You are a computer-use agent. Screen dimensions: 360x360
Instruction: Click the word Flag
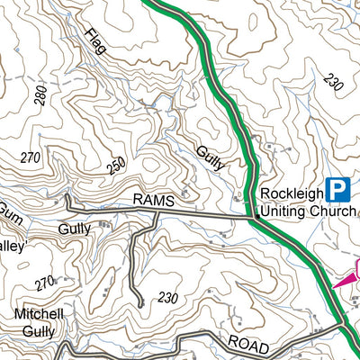point(95,41)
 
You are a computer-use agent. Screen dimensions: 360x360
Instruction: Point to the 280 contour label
point(40,95)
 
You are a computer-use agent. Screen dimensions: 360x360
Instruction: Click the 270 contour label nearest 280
point(31,158)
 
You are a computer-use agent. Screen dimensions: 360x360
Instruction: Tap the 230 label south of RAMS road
point(167,298)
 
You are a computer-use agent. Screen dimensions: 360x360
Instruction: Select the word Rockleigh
point(290,193)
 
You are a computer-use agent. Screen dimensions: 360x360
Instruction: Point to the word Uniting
point(281,211)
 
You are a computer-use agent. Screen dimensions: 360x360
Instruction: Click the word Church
point(332,211)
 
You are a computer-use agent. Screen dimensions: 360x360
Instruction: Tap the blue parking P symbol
point(337,189)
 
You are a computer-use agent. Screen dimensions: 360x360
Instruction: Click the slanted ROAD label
point(247,343)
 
